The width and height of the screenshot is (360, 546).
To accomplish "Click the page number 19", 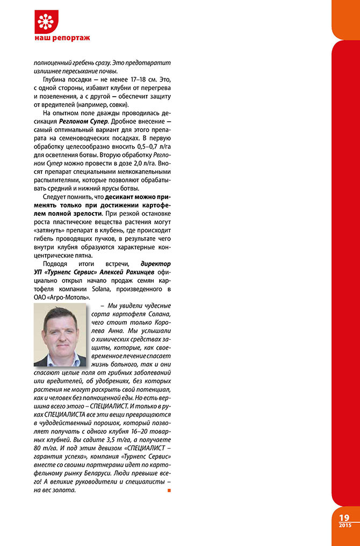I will point(344,517).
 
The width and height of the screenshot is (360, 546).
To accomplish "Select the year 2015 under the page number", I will point(344,525).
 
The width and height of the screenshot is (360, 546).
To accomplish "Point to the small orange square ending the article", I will point(169,490).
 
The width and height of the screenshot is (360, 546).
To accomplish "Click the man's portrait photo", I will point(60,334).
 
